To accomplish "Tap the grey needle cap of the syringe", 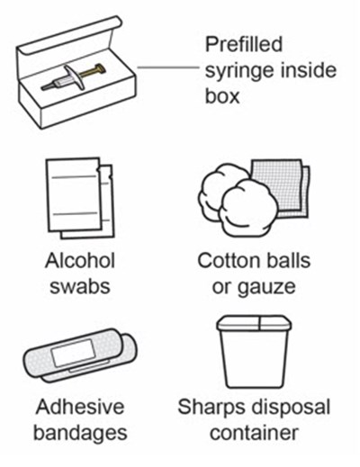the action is click(x=47, y=86).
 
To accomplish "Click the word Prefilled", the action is click(x=244, y=44).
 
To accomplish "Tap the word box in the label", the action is click(x=222, y=96).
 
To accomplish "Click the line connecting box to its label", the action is click(x=168, y=67).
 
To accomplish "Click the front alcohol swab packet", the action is click(x=73, y=195).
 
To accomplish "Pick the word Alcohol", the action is click(x=80, y=260).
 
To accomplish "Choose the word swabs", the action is click(x=80, y=286).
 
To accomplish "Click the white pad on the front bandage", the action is click(x=74, y=353).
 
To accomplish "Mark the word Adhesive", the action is click(x=80, y=407).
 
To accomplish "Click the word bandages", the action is click(x=80, y=434).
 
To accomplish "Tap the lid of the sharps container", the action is click(x=254, y=322).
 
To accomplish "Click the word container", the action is click(x=254, y=433).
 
